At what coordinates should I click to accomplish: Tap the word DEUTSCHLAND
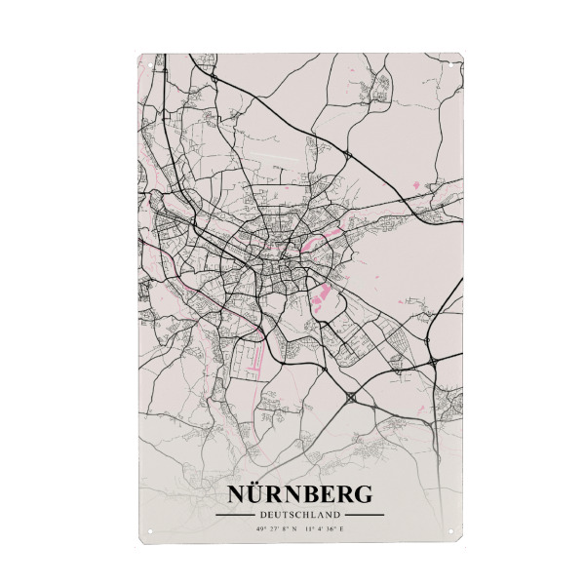coord(299,515)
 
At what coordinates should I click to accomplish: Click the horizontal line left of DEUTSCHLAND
coord(235,515)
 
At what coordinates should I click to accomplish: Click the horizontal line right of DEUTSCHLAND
coord(365,515)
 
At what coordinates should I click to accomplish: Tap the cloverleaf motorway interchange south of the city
coord(350,398)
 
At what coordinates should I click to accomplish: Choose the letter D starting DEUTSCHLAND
coord(262,515)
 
